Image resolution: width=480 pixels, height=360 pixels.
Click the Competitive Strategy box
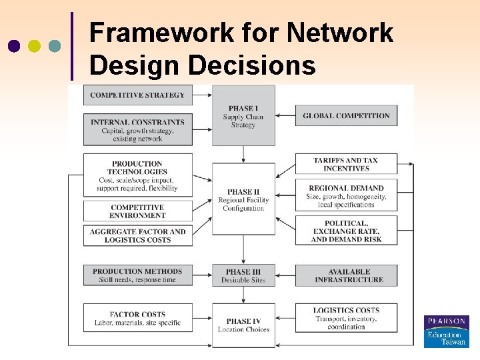pyautogui.click(x=137, y=95)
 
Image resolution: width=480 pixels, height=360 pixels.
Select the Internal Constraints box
pyautogui.click(x=137, y=130)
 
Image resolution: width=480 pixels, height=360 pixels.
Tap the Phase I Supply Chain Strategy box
pyautogui.click(x=243, y=115)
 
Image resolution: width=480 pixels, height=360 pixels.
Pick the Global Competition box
pyautogui.click(x=346, y=115)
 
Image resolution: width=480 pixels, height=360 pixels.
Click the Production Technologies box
pyautogui.click(x=137, y=175)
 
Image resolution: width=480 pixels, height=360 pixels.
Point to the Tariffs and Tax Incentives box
pyautogui.click(x=346, y=164)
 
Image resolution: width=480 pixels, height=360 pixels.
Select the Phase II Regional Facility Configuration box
pyautogui.click(x=243, y=199)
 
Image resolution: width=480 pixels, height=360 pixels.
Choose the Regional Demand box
pyautogui.click(x=346, y=196)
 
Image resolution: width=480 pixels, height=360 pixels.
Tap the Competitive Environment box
pyautogui.click(x=137, y=211)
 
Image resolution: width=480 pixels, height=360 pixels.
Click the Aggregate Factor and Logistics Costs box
pyautogui.click(x=137, y=235)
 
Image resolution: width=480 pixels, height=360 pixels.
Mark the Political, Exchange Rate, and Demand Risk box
pyautogui.click(x=346, y=231)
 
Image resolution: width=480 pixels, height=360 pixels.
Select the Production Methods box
pyautogui.click(x=137, y=275)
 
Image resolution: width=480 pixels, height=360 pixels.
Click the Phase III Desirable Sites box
pyautogui.click(x=243, y=275)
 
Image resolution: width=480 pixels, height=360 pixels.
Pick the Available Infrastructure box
pyautogui.click(x=346, y=275)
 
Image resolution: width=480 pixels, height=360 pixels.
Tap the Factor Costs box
pyautogui.click(x=137, y=319)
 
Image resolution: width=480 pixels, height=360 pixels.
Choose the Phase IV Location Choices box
pyautogui.click(x=243, y=325)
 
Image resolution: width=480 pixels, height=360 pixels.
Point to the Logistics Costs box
pyautogui.click(x=346, y=319)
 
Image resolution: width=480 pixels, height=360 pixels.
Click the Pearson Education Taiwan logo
pyautogui.click(x=446, y=331)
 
